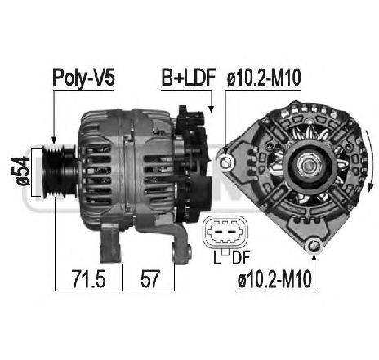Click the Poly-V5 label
pos(83,78)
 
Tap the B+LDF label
pos(189,77)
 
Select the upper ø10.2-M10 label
pos(264,78)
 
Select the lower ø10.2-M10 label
pos(274,279)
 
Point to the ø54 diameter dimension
pos(23,171)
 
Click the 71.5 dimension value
pos(89,279)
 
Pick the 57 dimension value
pos(149,279)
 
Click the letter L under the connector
pos(216,259)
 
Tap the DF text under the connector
pos(241,259)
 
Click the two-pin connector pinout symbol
pos(225,233)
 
